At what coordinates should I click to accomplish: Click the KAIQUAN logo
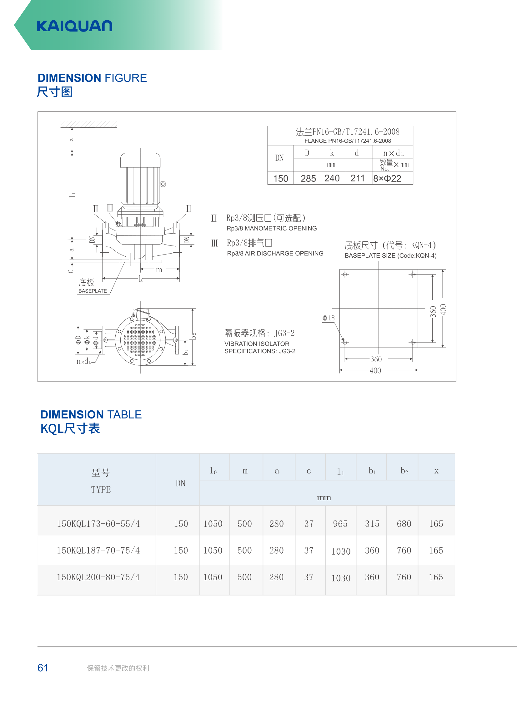click(x=74, y=26)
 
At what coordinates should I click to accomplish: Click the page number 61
click(x=43, y=668)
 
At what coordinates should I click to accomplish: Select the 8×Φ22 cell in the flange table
click(x=387, y=178)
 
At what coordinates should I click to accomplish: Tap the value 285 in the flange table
click(x=308, y=178)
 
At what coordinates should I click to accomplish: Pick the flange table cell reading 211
click(x=357, y=178)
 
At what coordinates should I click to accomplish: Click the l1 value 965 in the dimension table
click(x=340, y=523)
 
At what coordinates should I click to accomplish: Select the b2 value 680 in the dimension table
click(x=404, y=523)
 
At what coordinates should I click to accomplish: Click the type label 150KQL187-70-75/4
click(x=98, y=550)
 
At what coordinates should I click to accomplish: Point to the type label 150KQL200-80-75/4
click(x=98, y=577)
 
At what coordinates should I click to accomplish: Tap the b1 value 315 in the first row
click(x=372, y=523)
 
